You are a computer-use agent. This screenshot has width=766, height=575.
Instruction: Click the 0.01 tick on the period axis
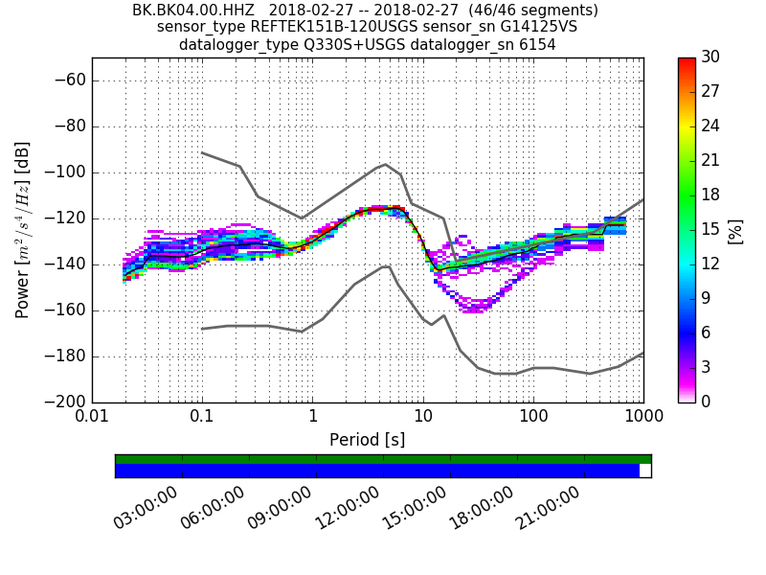coord(92,419)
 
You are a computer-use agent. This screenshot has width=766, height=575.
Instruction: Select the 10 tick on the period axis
coord(422,419)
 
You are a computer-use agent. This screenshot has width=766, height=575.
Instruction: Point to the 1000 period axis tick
coord(642,419)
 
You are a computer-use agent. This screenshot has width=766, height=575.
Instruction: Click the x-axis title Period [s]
coord(368,440)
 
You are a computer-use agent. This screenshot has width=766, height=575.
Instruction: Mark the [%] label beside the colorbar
coord(736,230)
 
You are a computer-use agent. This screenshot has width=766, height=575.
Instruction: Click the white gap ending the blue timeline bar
coord(645,471)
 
